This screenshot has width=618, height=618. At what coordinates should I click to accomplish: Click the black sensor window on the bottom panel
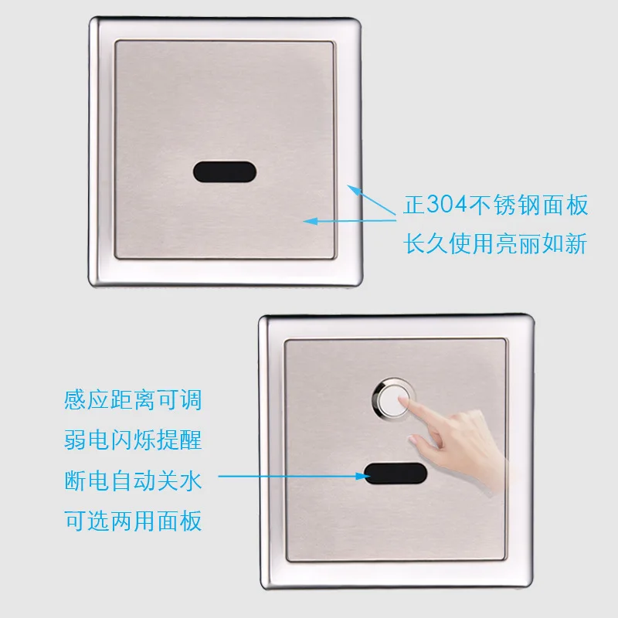(396, 474)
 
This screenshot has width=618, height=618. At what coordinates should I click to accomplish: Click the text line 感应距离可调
(134, 401)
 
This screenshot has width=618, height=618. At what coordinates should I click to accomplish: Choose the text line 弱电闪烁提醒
(134, 440)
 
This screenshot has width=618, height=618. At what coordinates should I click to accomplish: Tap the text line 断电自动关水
(134, 480)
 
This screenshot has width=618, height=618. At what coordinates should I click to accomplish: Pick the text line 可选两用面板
(134, 520)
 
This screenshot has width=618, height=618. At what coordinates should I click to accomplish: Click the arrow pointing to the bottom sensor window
(294, 477)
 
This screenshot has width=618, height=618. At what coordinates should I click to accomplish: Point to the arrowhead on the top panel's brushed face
(309, 220)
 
